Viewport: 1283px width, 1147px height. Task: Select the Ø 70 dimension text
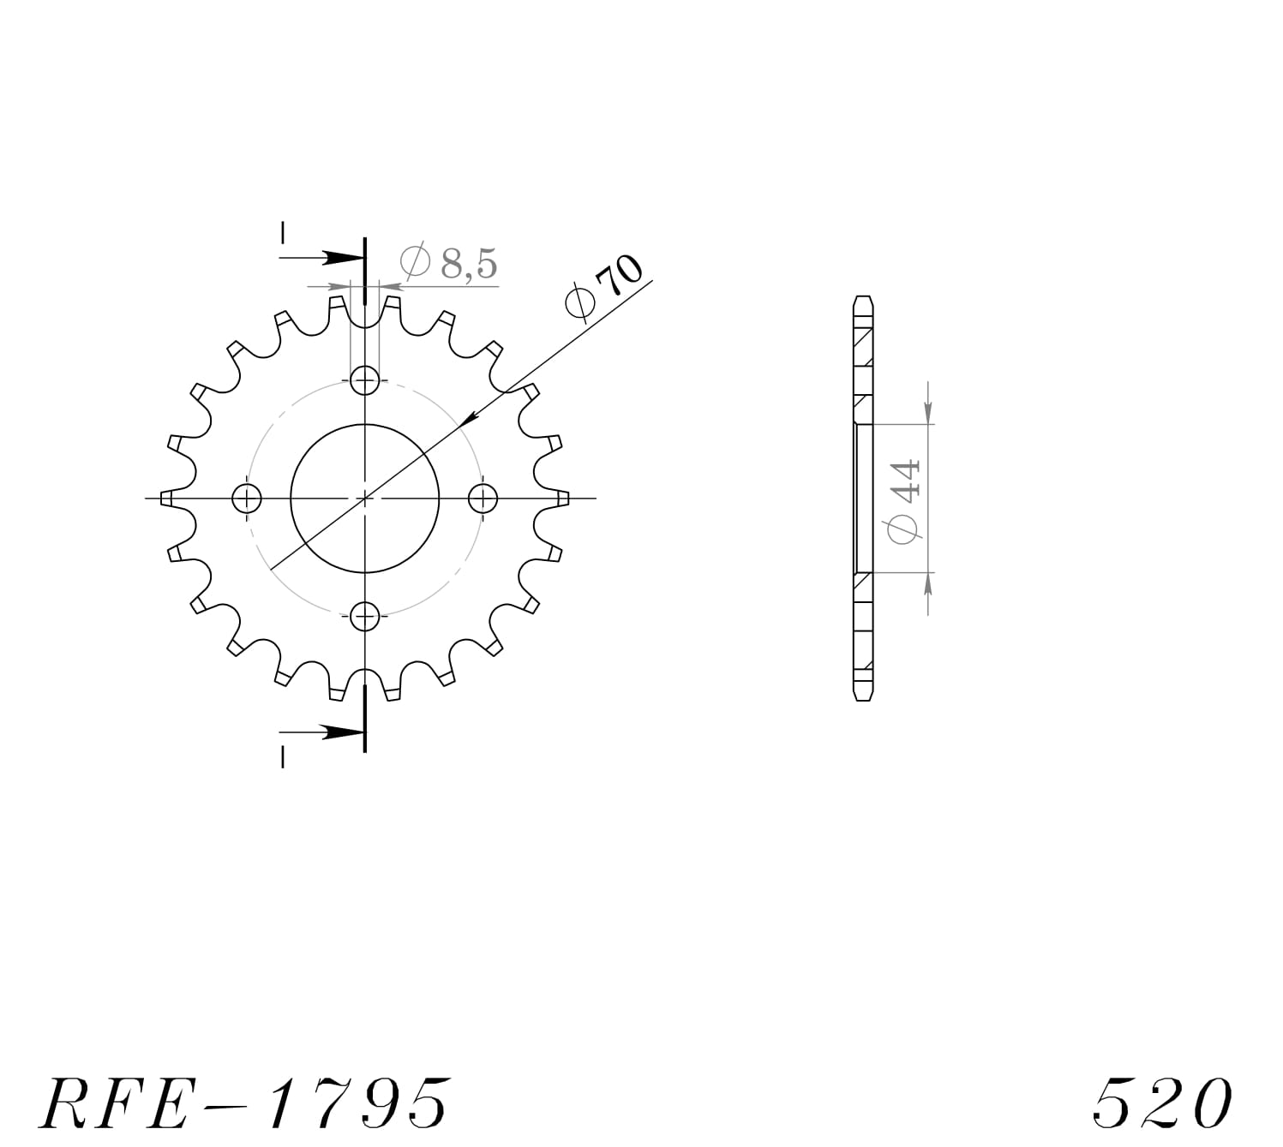click(605, 288)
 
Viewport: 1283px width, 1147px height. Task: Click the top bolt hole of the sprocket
click(365, 379)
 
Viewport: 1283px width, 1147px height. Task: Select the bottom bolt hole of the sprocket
click(365, 615)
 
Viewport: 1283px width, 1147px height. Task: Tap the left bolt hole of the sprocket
click(247, 498)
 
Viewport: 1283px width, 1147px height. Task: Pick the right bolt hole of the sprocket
click(483, 498)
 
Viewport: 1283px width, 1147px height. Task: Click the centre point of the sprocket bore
click(365, 498)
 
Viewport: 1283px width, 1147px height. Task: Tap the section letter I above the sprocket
click(283, 233)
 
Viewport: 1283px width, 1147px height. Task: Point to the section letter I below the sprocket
click(283, 757)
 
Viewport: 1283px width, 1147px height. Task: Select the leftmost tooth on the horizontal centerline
click(169, 498)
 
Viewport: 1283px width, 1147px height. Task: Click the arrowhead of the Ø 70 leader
click(468, 421)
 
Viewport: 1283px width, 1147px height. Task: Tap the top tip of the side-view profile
click(863, 298)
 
